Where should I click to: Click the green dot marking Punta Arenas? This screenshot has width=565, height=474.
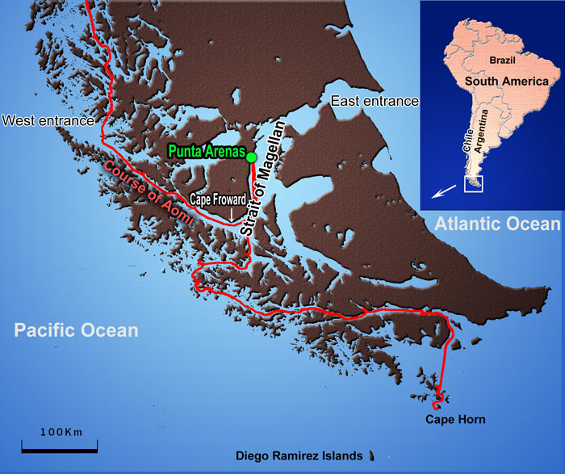coord(251,157)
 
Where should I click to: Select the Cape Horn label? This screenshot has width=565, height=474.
coord(456,419)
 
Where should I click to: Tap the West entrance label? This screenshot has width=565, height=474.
coord(49,121)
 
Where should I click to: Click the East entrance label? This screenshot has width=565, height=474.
coord(374,101)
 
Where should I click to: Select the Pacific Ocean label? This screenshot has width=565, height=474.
coord(76,330)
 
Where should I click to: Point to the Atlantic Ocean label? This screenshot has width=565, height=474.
coord(496,224)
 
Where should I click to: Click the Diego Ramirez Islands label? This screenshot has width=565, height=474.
coord(299,456)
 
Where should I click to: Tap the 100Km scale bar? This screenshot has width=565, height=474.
coord(59,444)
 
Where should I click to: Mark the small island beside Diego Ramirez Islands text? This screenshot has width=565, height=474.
coord(372,455)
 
